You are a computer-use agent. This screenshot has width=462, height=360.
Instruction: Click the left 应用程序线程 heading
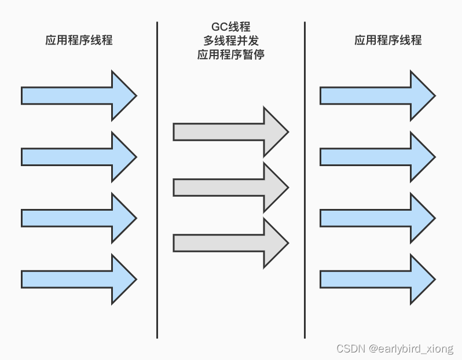point(79,40)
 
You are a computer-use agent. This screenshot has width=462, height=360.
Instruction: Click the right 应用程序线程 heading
point(387,40)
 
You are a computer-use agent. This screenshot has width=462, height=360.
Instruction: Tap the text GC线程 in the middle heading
point(230,27)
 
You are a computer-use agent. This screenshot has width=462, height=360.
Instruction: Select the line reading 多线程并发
point(230,41)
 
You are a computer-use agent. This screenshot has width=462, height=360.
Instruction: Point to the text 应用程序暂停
point(230,55)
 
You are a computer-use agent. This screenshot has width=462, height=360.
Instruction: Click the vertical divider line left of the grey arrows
point(157,179)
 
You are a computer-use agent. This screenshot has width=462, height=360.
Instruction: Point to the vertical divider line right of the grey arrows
point(305,179)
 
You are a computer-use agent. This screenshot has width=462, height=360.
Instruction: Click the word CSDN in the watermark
point(349,348)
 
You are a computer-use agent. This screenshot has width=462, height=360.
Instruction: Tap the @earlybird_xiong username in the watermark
point(412,348)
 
